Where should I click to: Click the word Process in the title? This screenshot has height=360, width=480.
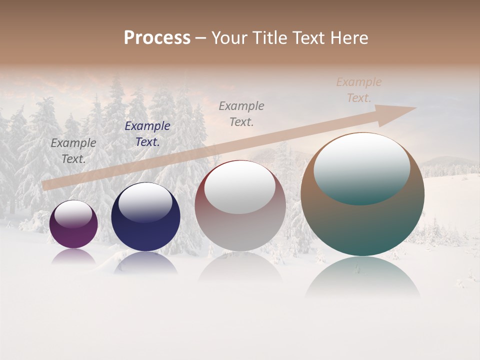[157, 38]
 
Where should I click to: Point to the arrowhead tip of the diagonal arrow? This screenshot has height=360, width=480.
[414, 108]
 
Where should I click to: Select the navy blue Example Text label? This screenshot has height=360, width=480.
[147, 134]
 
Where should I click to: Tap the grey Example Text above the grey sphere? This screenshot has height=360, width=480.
[241, 113]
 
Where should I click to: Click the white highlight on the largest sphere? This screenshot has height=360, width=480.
[361, 167]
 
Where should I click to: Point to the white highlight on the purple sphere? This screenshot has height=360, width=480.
[73, 213]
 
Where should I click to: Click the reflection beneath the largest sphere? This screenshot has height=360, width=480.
[362, 277]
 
